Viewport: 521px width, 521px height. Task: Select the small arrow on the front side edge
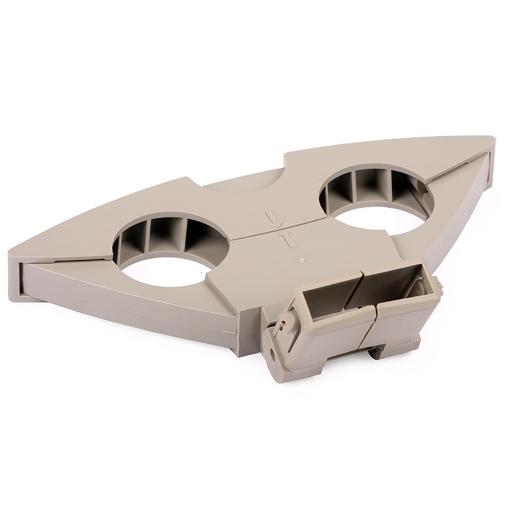(227, 333)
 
